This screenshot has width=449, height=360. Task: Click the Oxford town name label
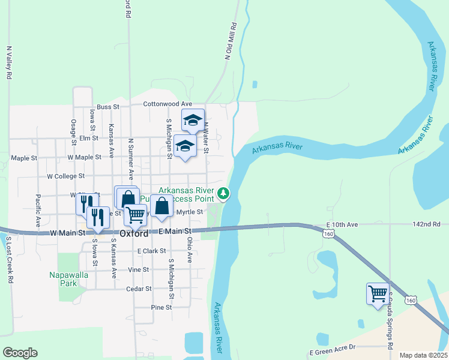(134, 233)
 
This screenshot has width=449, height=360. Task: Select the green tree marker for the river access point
(223, 193)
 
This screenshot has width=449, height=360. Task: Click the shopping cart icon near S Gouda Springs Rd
(378, 294)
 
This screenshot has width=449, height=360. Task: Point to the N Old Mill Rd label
(229, 41)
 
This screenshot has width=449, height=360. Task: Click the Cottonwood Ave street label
(167, 104)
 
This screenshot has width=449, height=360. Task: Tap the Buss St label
(109, 107)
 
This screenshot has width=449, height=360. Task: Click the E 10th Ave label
(343, 224)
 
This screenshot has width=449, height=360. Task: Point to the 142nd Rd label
(427, 224)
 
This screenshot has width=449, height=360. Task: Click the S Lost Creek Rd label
(10, 260)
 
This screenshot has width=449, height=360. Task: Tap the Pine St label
(161, 307)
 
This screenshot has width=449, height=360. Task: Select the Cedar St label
(139, 289)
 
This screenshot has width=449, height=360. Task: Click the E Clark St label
(151, 251)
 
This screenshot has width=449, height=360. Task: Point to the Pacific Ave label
(38, 210)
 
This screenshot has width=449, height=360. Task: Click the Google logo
(20, 353)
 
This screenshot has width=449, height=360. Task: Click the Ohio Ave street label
(189, 249)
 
